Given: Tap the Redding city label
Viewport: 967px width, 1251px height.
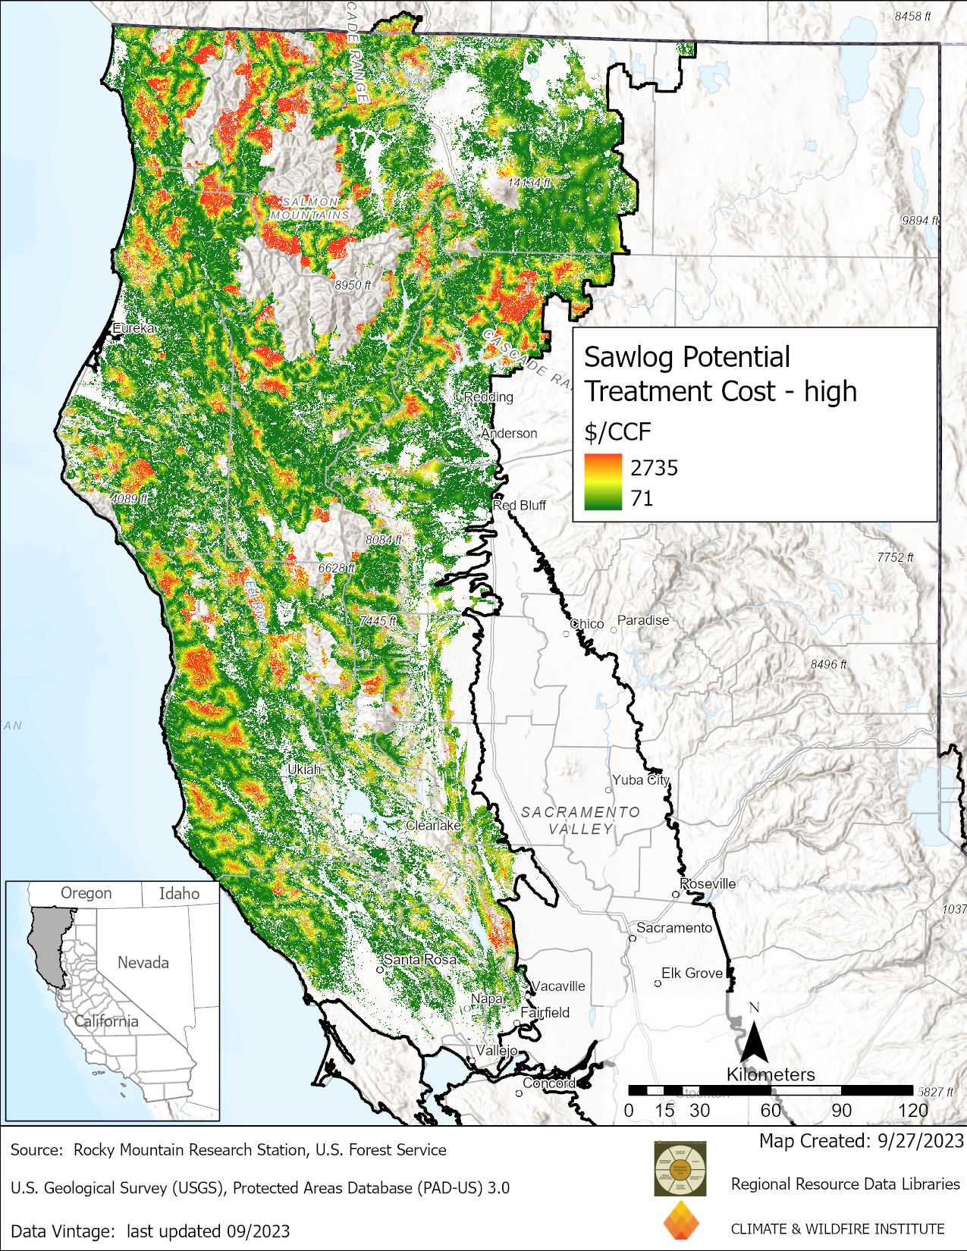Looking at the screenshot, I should (488, 397).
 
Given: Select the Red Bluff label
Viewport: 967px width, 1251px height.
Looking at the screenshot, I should (520, 505).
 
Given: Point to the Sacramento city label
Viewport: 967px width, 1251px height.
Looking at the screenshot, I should (673, 927).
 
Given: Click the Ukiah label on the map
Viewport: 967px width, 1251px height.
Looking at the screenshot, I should (304, 769).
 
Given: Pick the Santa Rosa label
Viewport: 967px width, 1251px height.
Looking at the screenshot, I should (419, 959).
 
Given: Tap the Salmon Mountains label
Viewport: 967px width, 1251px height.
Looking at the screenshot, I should (309, 208).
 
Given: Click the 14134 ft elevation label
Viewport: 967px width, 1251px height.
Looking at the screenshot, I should (529, 183).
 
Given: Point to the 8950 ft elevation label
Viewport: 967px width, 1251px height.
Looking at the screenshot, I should (353, 285).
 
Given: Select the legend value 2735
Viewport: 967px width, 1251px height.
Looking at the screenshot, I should (654, 468).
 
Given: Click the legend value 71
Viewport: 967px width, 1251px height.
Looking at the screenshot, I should (642, 498).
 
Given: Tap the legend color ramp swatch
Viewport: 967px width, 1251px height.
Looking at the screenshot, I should (603, 482).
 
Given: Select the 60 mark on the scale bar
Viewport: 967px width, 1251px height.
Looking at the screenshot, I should (770, 1111).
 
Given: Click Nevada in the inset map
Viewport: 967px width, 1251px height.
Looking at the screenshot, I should (143, 962).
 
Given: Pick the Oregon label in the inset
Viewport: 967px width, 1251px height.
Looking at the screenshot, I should (86, 893).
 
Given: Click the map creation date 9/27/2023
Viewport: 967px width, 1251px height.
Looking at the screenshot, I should (920, 1140).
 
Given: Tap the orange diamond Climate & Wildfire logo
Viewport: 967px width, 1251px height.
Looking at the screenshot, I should (680, 1221).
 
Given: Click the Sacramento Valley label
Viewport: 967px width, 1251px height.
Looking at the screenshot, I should (580, 820).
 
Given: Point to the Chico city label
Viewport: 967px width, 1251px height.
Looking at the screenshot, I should (587, 623).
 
